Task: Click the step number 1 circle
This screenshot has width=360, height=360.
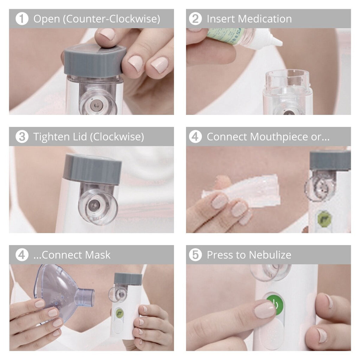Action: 22,19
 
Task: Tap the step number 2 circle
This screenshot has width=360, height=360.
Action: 195,19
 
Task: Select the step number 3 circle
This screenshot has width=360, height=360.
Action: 22,137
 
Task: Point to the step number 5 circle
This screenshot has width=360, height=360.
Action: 195,255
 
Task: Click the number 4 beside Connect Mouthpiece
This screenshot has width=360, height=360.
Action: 195,137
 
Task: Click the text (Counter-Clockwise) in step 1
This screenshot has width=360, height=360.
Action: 111,19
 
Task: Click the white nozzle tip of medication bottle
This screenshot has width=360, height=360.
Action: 276,41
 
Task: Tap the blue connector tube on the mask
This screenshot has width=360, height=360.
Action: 85,297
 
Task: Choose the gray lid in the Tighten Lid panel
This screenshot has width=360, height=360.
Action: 92,169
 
